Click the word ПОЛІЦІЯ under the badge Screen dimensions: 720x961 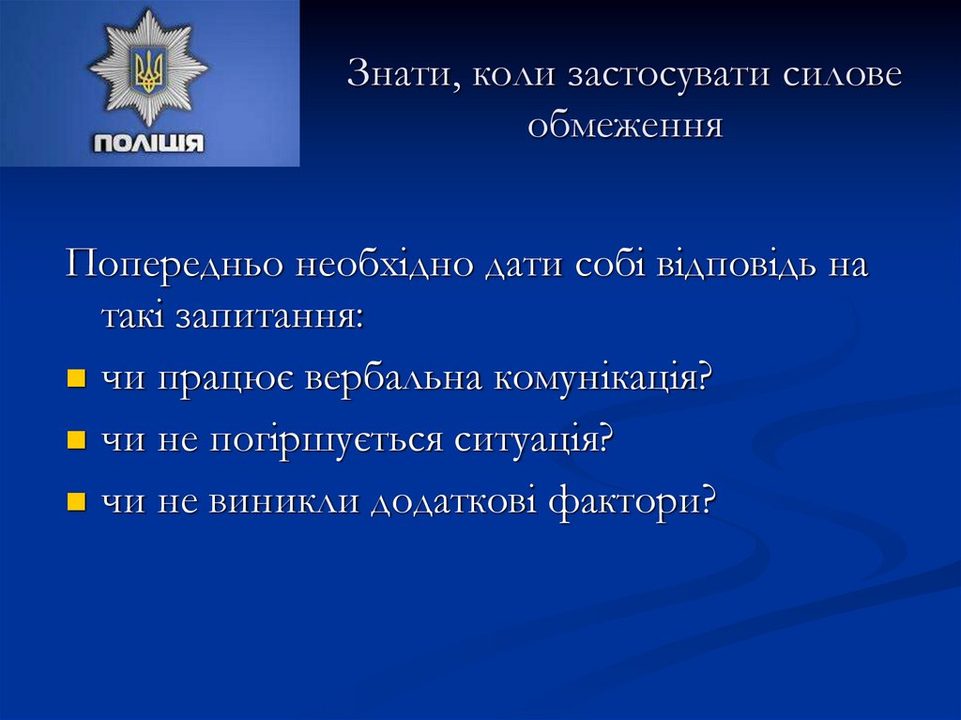(x=149, y=143)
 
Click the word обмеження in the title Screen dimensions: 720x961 (x=625, y=124)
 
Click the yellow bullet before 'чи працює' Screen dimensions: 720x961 (x=77, y=379)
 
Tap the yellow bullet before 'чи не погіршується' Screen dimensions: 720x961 (x=77, y=439)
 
